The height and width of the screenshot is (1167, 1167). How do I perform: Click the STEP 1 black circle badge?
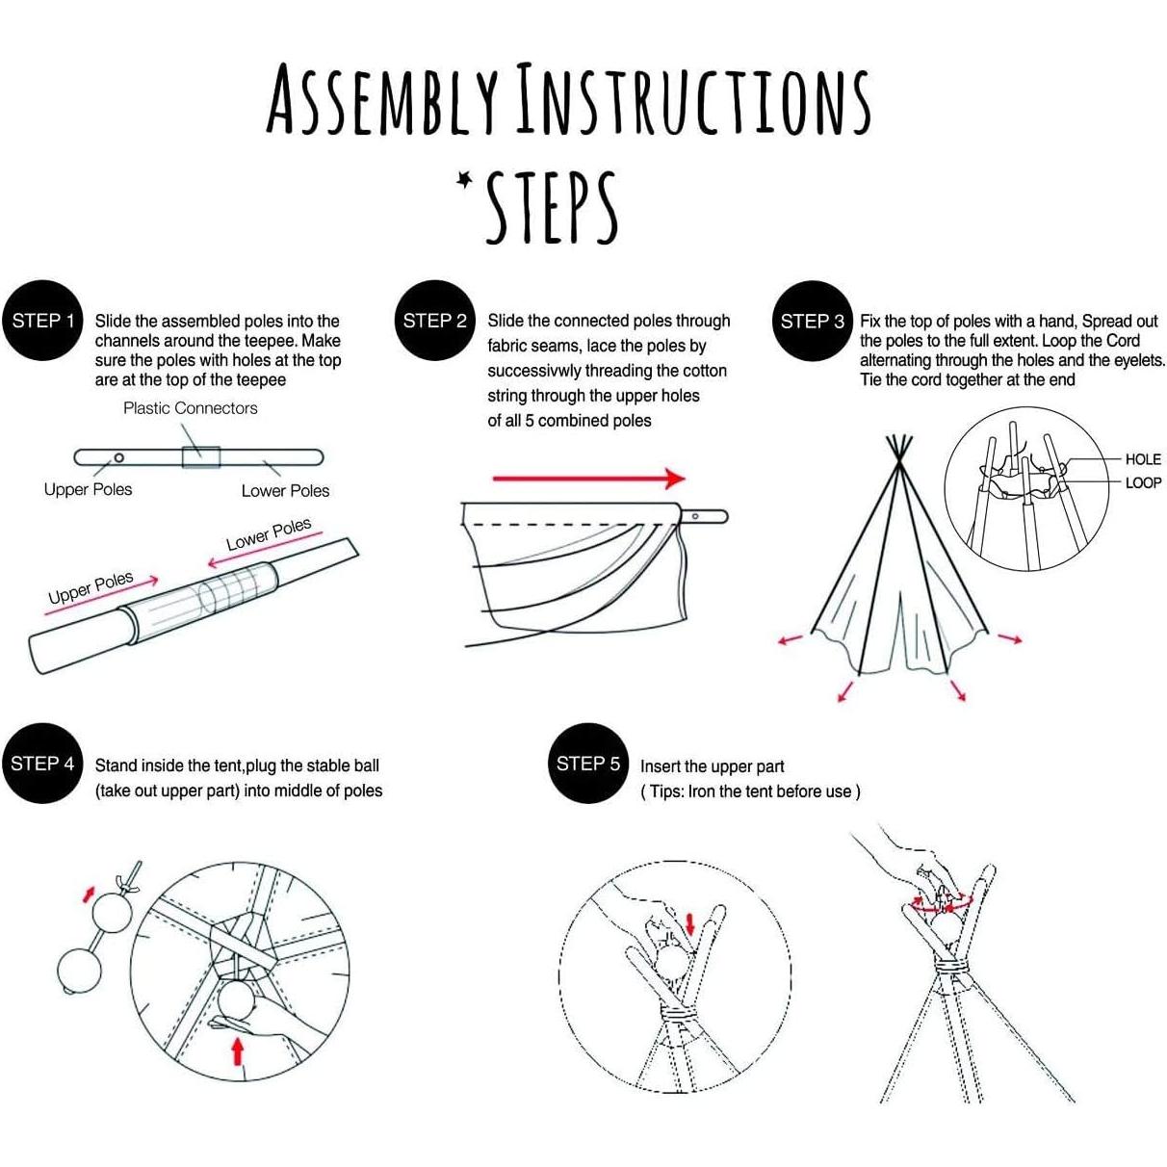(x=44, y=321)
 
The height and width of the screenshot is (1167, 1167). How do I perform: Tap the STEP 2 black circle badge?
(x=435, y=321)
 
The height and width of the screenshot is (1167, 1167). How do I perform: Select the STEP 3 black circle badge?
(x=813, y=321)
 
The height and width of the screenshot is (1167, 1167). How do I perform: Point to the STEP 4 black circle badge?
(x=42, y=764)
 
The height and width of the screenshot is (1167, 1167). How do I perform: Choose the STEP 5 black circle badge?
(x=587, y=764)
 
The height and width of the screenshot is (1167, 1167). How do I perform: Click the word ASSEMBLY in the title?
(x=382, y=100)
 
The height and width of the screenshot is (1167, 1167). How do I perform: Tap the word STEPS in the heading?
(x=551, y=208)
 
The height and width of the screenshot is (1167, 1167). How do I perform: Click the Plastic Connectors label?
(x=191, y=408)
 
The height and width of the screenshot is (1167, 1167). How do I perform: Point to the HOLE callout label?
(x=1143, y=459)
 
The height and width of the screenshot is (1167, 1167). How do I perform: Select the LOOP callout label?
(x=1143, y=482)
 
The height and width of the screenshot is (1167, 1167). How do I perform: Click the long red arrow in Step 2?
(x=588, y=478)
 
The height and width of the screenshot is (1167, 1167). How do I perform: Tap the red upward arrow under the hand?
(x=237, y=1050)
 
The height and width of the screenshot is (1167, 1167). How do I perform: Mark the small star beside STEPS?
(x=466, y=179)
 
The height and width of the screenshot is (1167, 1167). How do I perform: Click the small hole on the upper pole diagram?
(x=118, y=457)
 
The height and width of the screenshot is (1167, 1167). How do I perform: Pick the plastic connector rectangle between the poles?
(x=201, y=456)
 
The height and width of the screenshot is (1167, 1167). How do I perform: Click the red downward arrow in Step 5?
(x=689, y=924)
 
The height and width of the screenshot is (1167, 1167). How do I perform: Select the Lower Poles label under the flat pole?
(x=285, y=491)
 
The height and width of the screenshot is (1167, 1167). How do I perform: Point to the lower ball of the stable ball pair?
(x=79, y=972)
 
